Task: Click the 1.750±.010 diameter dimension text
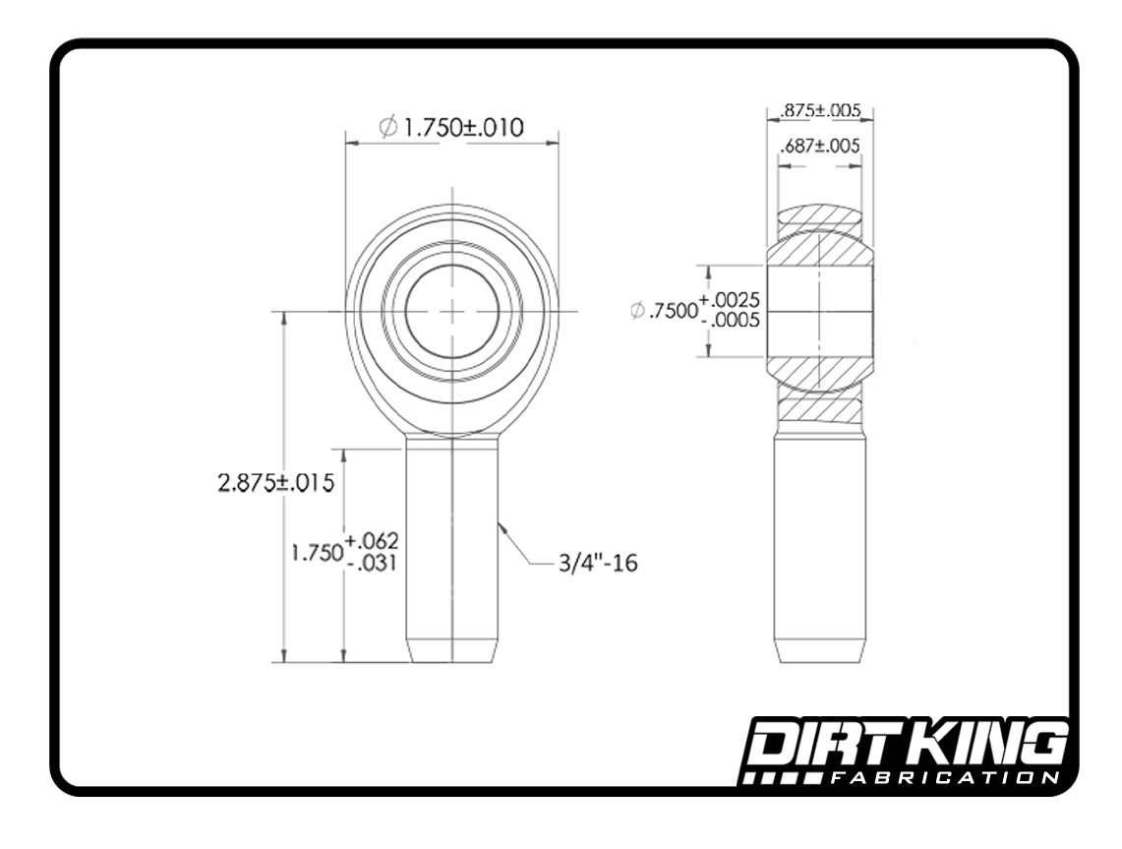pos(463,127)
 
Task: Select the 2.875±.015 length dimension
pos(276,483)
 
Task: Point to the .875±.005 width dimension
pos(820,110)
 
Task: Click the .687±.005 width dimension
pos(820,146)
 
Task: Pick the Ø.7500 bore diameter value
pos(663,311)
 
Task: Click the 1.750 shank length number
pos(317,552)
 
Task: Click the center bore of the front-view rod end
pos(452,311)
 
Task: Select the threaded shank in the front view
pos(452,551)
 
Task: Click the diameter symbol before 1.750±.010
pos(387,127)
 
